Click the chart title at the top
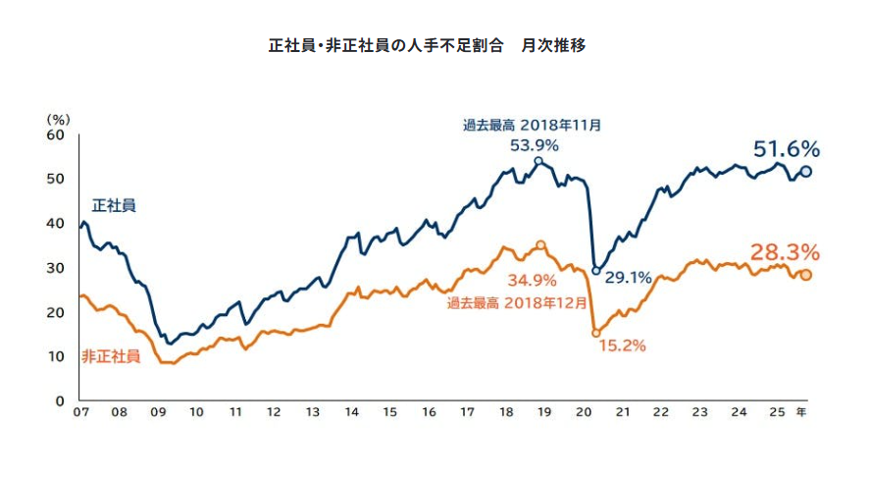point(428,46)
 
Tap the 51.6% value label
point(786,149)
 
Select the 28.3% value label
point(784,251)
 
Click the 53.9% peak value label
point(535,145)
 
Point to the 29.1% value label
point(628,278)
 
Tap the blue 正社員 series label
point(114,206)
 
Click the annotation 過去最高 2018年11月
point(533,125)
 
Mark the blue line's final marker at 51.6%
point(806,171)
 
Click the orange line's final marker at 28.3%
point(806,275)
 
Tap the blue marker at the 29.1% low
point(595,271)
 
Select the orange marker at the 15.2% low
point(595,333)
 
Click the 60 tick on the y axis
point(57,134)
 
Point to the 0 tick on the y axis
point(61,401)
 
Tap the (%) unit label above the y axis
point(58,119)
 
